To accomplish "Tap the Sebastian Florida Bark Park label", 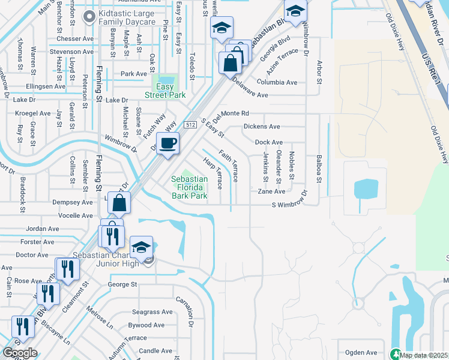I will [189, 187].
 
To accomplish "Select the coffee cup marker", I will [168, 143].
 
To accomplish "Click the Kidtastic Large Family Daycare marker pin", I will [90, 17].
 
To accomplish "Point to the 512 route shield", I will [190, 124].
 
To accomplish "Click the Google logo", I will [19, 353].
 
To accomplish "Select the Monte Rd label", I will [235, 113].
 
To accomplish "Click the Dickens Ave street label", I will [262, 127].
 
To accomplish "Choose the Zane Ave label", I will [271, 191].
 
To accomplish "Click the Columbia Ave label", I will [277, 82].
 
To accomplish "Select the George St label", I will [122, 284].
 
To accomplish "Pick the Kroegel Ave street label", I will [33, 113].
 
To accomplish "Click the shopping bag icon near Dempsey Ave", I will [119, 203].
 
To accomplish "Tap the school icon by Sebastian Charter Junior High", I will [141, 247].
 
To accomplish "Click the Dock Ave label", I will [268, 142].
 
